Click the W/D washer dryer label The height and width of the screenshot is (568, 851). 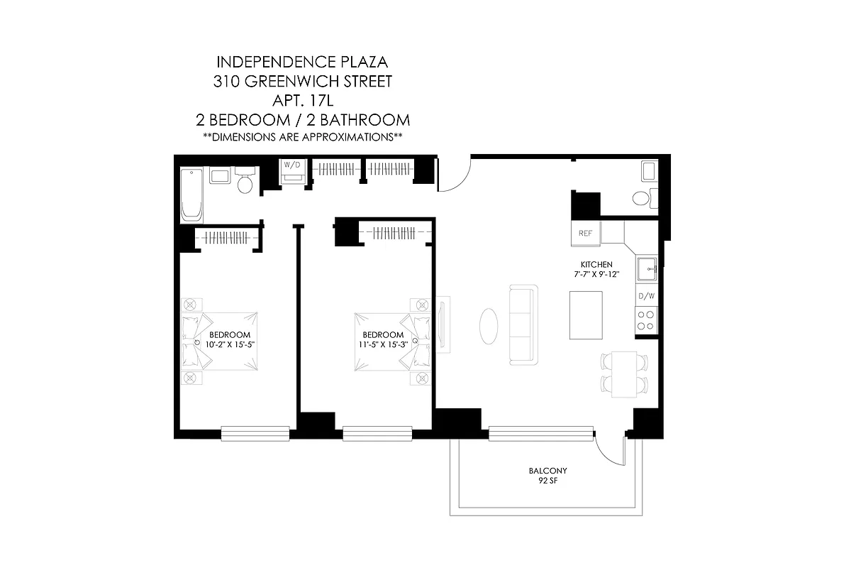click(x=291, y=165)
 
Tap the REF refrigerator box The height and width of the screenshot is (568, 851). click(x=586, y=233)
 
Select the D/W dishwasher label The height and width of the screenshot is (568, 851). click(x=646, y=295)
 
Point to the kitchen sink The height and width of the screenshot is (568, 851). click(x=646, y=270)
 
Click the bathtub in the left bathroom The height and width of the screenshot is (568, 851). click(x=192, y=195)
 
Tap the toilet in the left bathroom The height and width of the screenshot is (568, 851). click(x=245, y=182)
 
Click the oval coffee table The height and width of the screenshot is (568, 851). click(x=488, y=326)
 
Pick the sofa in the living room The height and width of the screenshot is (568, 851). click(x=523, y=324)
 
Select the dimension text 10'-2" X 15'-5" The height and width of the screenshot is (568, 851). click(x=230, y=344)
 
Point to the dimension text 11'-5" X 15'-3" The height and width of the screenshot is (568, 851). click(x=383, y=344)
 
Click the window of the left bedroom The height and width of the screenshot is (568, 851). click(x=255, y=432)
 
